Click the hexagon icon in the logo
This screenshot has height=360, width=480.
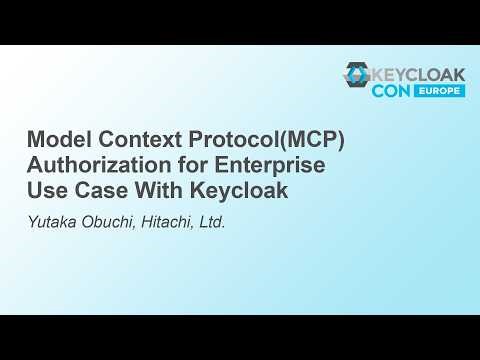356,76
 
